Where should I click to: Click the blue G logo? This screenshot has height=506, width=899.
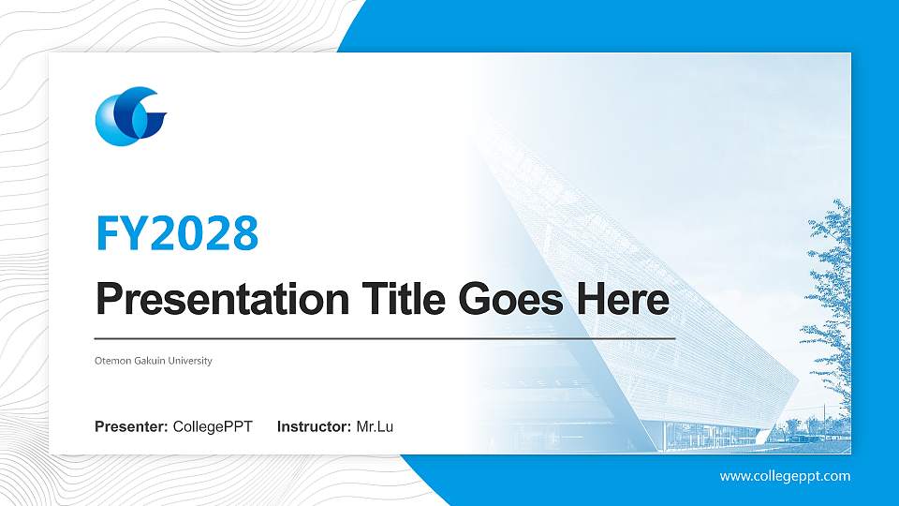130,116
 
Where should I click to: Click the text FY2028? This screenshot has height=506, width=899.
177,234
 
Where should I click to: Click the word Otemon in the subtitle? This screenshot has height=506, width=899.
112,361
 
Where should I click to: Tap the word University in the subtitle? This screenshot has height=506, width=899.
191,361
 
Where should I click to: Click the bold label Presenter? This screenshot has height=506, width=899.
131,427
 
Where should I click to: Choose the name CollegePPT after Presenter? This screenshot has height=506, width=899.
213,427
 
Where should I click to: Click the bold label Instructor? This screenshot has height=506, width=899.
315,427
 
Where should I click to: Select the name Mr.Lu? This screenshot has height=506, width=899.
375,427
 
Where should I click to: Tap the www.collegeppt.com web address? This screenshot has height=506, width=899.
785,476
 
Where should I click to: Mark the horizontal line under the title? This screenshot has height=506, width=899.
384,337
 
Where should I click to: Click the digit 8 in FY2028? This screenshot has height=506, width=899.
244,234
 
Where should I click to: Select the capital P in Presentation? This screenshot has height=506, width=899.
109,300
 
